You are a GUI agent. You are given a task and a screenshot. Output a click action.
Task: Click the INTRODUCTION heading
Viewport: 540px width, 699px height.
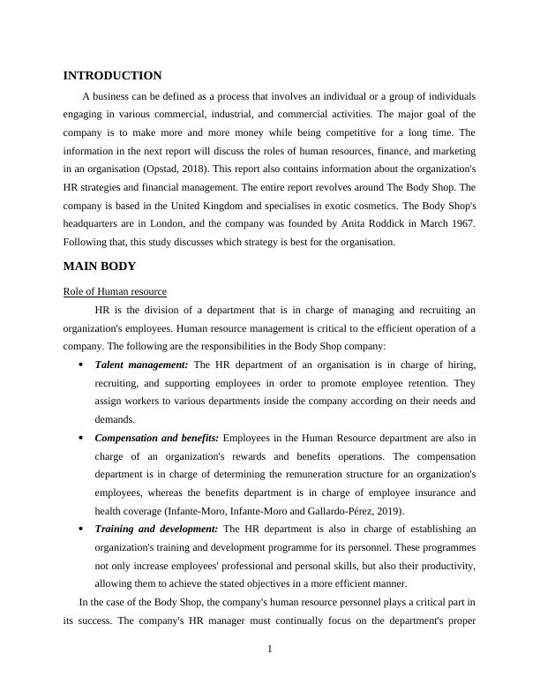click(x=112, y=76)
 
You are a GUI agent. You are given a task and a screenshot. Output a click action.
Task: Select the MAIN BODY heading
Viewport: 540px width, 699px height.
click(x=99, y=266)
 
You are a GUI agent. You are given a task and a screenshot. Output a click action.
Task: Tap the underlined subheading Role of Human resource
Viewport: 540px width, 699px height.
click(x=115, y=291)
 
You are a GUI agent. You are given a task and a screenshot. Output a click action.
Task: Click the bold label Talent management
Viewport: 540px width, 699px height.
click(x=141, y=365)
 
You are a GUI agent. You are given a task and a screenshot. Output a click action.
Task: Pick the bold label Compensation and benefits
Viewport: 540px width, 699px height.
click(x=156, y=438)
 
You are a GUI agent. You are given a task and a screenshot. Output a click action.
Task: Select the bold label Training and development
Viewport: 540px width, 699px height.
click(x=155, y=529)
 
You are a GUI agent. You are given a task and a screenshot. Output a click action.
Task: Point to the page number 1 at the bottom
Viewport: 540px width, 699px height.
click(x=270, y=650)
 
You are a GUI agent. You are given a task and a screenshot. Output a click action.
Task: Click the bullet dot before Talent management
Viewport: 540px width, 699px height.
click(x=80, y=365)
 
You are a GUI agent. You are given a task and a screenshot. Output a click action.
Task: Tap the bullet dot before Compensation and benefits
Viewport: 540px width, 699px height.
click(x=80, y=439)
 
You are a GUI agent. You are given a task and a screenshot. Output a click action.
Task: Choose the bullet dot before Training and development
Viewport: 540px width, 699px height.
click(x=80, y=530)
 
